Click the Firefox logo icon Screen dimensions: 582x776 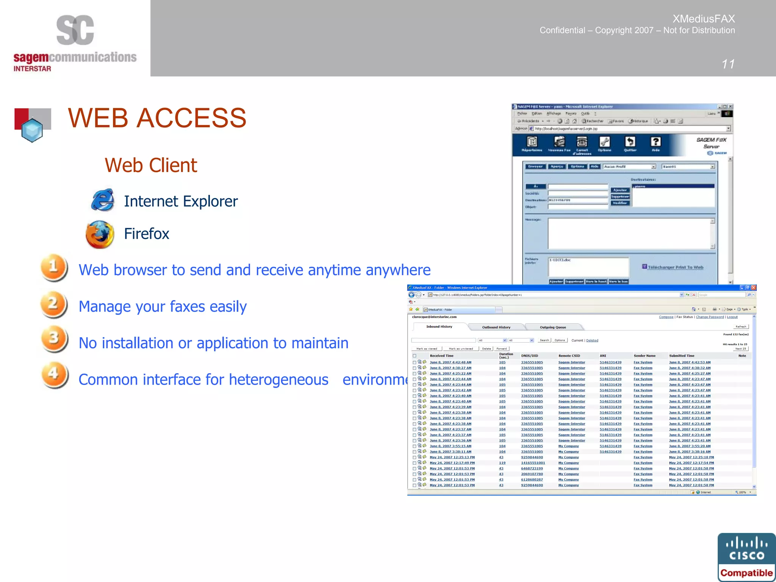(100, 234)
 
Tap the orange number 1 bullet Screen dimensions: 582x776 (54, 268)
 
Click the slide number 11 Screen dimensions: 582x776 (728, 64)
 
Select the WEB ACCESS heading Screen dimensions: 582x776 (157, 118)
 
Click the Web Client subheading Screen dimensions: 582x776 (151, 165)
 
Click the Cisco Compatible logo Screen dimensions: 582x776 (746, 557)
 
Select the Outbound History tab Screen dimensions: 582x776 (496, 327)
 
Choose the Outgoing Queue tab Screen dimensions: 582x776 (553, 327)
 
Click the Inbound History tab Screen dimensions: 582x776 (439, 327)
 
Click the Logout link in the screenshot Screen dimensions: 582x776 (732, 317)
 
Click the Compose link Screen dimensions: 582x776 (666, 317)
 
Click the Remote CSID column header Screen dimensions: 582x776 (569, 356)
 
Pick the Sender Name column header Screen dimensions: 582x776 (645, 356)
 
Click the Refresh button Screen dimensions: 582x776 (741, 327)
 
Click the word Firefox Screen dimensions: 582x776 (147, 234)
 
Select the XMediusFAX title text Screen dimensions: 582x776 (704, 19)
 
